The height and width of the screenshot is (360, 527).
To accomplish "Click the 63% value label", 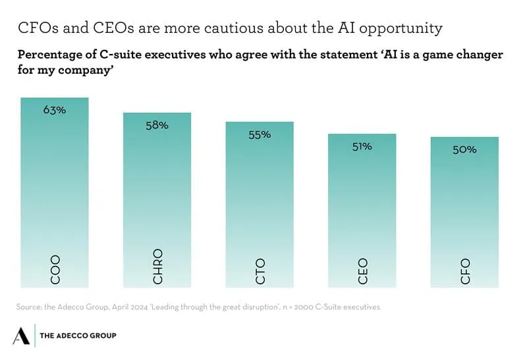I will (x=55, y=110).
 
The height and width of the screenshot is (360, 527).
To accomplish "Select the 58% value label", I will (x=157, y=124).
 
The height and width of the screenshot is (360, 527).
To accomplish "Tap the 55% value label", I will (x=260, y=134).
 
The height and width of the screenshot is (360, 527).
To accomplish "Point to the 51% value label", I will (x=362, y=146).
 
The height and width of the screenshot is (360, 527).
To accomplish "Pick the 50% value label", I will (x=464, y=149).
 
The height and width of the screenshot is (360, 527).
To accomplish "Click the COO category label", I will (x=55, y=268).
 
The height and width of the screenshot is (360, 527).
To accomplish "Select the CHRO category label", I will (x=157, y=266).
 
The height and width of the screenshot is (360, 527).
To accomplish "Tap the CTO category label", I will (x=260, y=270).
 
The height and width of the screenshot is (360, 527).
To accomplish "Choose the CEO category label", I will (x=362, y=270).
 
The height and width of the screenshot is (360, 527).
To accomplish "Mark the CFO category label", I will (x=465, y=271).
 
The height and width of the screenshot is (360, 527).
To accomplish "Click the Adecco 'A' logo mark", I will (x=21, y=335).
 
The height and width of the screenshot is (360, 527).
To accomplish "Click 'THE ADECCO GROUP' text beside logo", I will (x=78, y=336).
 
